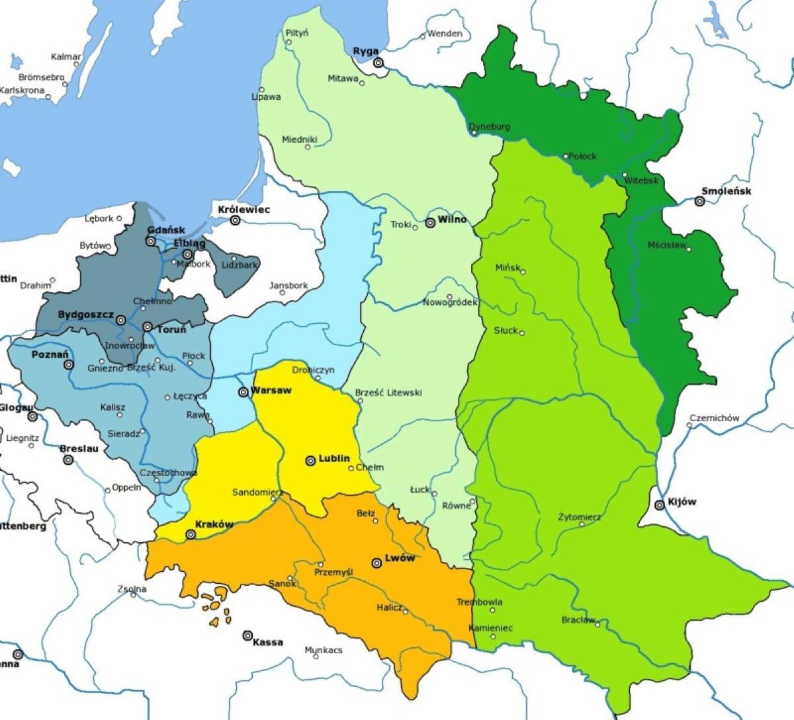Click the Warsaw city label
pyautogui.click(x=271, y=391)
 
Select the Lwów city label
pyautogui.click(x=400, y=558)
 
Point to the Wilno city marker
pyautogui.click(x=430, y=223)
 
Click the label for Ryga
pyautogui.click(x=365, y=51)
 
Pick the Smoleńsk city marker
pyautogui.click(x=699, y=202)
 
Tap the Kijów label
pyautogui.click(x=682, y=502)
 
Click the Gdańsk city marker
pyautogui.click(x=151, y=241)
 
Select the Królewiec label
pyautogui.click(x=244, y=210)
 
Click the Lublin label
pyautogui.click(x=334, y=459)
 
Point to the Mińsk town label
pyautogui.click(x=507, y=267)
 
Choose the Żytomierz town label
pyautogui.click(x=579, y=516)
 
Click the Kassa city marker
pyautogui.click(x=247, y=635)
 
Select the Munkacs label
pyautogui.click(x=324, y=651)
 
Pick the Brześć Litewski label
pyautogui.click(x=388, y=393)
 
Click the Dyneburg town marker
pyautogui.click(x=474, y=133)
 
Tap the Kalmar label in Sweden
pyautogui.click(x=66, y=57)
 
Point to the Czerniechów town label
pyautogui.click(x=714, y=418)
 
